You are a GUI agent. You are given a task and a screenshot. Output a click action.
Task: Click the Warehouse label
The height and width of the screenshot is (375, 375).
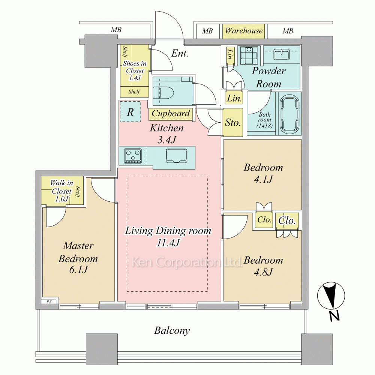[x=244, y=31]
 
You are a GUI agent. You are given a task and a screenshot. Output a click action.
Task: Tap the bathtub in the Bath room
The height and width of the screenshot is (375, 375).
[x=289, y=114]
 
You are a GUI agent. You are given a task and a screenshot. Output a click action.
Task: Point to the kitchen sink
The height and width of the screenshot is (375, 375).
[x=177, y=156]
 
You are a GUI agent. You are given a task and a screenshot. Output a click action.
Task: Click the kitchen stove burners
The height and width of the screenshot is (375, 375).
[x=133, y=156]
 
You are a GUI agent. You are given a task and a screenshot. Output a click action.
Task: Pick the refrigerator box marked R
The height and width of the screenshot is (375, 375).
[x=130, y=112]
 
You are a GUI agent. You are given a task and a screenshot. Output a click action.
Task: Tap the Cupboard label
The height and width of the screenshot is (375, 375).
[x=171, y=113]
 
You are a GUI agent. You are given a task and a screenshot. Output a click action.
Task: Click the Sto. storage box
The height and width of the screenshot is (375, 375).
[x=232, y=122]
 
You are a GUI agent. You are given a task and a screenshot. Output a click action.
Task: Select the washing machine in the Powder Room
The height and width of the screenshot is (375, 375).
[x=249, y=55]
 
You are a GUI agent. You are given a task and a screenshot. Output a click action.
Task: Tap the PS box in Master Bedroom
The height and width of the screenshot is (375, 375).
[x=49, y=302]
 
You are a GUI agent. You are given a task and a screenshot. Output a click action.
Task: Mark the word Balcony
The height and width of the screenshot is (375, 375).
[x=172, y=331]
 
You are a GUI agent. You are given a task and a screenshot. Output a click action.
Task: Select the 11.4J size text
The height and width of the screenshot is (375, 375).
[x=168, y=243]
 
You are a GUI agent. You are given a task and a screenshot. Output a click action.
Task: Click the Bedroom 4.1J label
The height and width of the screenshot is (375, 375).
[x=263, y=173]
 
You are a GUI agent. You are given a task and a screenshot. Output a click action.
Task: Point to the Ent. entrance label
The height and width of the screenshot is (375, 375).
[x=180, y=53]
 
